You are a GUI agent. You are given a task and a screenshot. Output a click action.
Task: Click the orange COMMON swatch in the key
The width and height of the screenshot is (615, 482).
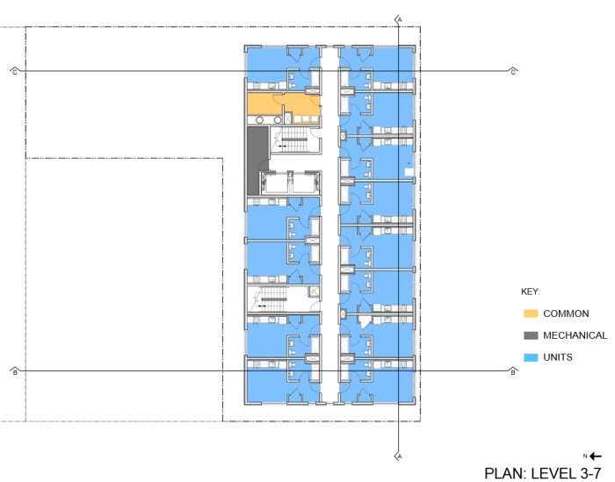pyautogui.click(x=531, y=313)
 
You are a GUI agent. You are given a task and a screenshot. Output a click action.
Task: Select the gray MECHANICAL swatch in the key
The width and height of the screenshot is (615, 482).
pyautogui.click(x=531, y=335)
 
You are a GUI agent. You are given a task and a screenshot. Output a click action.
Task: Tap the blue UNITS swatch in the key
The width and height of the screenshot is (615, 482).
pyautogui.click(x=531, y=357)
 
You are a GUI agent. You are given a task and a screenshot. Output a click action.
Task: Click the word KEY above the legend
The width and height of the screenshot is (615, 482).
pyautogui.click(x=531, y=292)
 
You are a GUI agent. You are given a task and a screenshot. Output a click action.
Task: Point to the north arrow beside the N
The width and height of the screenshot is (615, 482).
pyautogui.click(x=596, y=457)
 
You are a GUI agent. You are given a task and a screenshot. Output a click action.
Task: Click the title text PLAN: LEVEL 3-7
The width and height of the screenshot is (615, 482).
pyautogui.click(x=543, y=473)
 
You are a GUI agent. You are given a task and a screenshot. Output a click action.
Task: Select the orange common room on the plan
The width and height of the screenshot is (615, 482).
pyautogui.click(x=283, y=104)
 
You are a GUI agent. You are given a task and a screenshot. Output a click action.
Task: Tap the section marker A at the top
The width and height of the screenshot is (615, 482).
pyautogui.click(x=399, y=19)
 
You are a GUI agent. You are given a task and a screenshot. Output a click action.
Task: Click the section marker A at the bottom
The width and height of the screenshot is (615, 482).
pyautogui.click(x=399, y=457)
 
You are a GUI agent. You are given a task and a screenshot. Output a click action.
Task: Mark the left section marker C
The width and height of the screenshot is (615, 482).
pyautogui.click(x=15, y=72)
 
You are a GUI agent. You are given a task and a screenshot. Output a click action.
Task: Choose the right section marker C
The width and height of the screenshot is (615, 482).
pyautogui.click(x=513, y=72)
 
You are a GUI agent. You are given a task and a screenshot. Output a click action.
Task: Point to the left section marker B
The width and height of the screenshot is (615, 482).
pyautogui.click(x=15, y=371)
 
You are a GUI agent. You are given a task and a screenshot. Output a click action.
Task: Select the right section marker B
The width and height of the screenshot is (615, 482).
pyautogui.click(x=513, y=371)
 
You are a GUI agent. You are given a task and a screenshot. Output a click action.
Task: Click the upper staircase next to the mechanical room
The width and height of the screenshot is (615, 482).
pyautogui.click(x=293, y=140)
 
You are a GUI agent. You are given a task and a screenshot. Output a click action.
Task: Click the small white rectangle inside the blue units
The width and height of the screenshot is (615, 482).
pyautogui.click(x=409, y=171)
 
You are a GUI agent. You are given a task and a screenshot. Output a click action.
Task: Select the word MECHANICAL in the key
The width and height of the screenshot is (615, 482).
pyautogui.click(x=575, y=335)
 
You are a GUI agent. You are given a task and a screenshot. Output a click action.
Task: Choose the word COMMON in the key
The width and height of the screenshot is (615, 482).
pyautogui.click(x=566, y=313)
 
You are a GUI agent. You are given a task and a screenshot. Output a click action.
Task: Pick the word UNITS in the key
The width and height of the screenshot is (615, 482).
pyautogui.click(x=558, y=357)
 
